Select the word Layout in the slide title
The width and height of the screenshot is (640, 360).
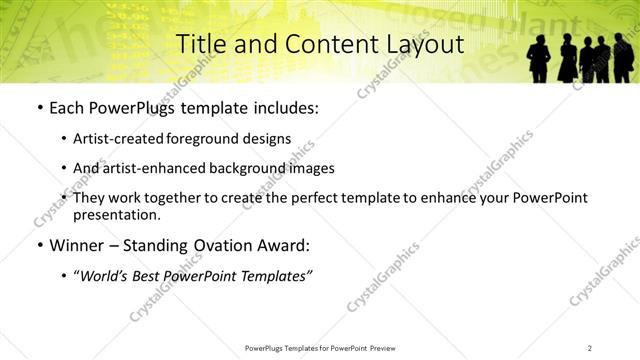pos(423,44)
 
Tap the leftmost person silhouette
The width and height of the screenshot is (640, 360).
pos(538,58)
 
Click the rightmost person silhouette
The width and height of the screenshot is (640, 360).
pos(623,58)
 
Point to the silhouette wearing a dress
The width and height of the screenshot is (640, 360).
pos(567,60)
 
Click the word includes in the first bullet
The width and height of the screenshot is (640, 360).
pos(284,107)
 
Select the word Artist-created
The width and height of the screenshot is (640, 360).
pos(118,139)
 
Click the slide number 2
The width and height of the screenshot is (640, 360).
pos(590,347)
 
